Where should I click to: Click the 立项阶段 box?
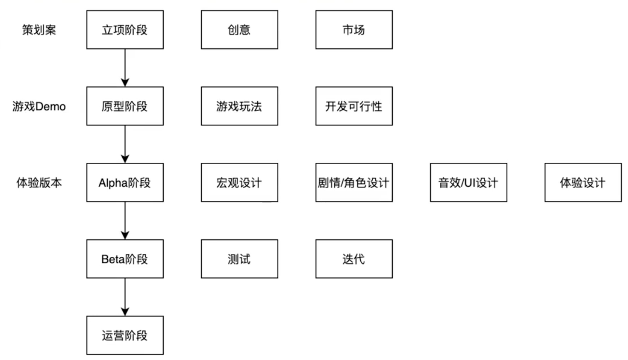(125, 30)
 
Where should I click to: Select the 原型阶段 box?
(125, 106)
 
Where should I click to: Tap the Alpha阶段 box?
(125, 182)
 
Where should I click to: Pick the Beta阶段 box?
(125, 259)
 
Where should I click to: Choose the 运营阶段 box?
(125, 335)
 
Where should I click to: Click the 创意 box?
(240, 30)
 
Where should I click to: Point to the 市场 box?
(354, 30)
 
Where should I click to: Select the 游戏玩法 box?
(240, 106)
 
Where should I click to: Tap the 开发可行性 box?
(354, 106)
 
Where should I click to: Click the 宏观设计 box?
(240, 182)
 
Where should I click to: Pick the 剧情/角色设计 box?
(354, 182)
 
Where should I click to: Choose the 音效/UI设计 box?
(469, 182)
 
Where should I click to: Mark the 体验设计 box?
(583, 182)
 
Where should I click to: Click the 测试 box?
(240, 259)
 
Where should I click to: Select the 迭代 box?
(354, 259)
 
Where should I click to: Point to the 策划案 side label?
(39, 30)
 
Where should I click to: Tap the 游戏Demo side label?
(39, 106)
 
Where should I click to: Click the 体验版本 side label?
(39, 183)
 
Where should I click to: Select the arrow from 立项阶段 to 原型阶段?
(125, 68)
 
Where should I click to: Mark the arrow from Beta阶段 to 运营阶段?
(125, 297)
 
